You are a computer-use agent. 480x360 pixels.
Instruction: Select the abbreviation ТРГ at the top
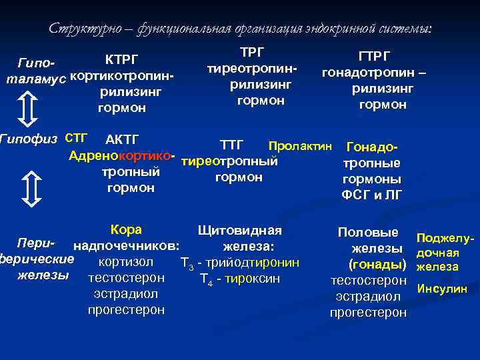(251, 53)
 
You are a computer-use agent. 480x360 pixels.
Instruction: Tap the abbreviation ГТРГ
(374, 57)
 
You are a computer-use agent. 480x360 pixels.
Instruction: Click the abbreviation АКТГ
(122, 140)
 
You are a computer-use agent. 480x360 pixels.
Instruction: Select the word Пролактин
(299, 145)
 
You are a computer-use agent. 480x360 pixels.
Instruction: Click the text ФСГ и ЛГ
(371, 195)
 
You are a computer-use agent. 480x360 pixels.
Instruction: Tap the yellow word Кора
(126, 230)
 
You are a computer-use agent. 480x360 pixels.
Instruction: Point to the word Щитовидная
(240, 231)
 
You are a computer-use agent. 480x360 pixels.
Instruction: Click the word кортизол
(126, 262)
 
